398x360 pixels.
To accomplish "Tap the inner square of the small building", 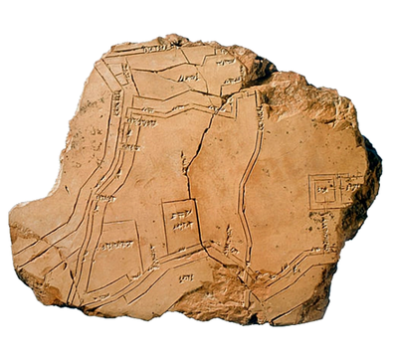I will tap(322, 189).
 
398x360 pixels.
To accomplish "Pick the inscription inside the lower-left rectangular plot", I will tap(116, 245).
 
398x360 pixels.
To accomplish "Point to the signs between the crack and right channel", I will tap(229, 239).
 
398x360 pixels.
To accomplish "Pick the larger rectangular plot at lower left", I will tap(115, 249).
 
